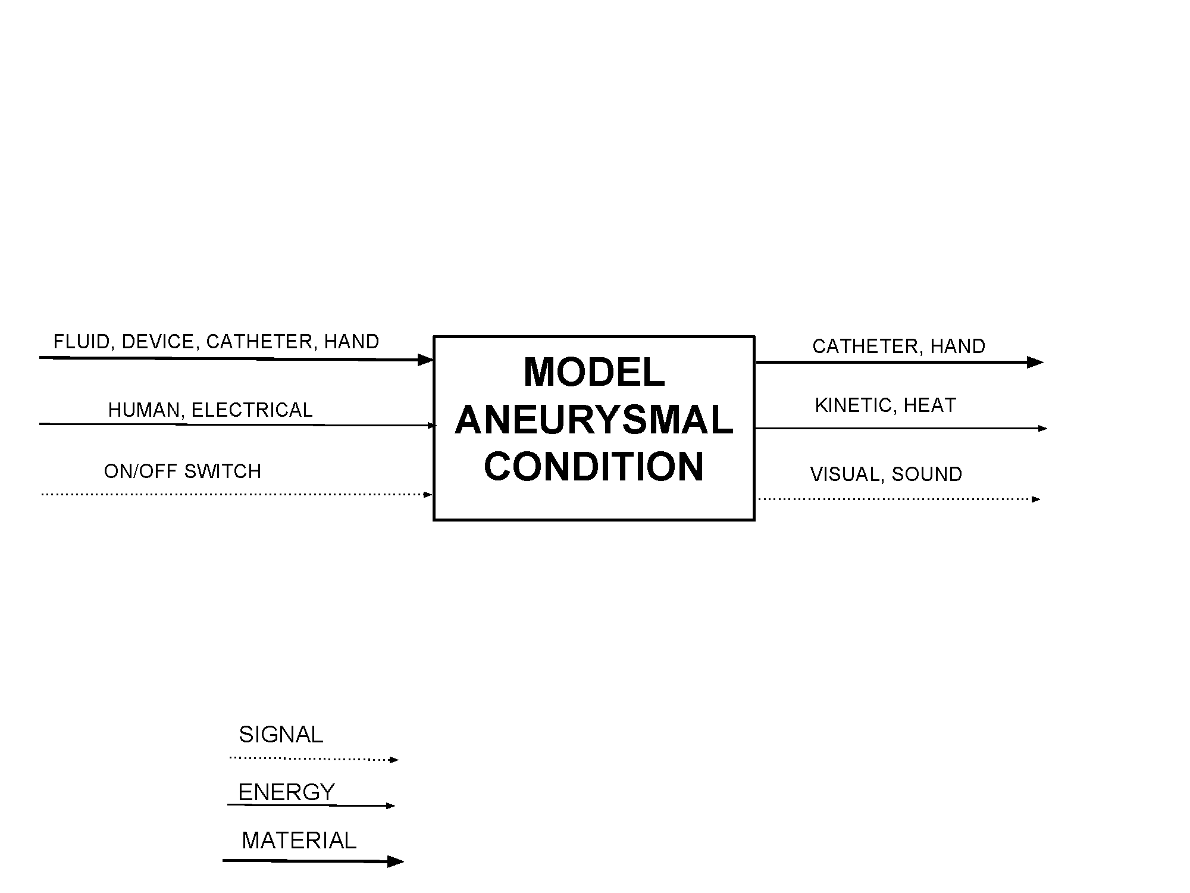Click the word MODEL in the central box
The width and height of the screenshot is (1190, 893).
pyautogui.click(x=594, y=372)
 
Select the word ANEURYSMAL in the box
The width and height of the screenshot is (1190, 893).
pyautogui.click(x=594, y=419)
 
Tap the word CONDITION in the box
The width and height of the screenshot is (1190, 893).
pyautogui.click(x=594, y=466)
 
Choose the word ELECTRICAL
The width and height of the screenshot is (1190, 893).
pyautogui.click(x=252, y=410)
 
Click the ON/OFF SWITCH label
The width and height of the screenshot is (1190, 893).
pyautogui.click(x=183, y=472)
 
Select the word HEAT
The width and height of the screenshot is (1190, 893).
pyautogui.click(x=930, y=405)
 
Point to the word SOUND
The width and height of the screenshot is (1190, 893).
pyautogui.click(x=927, y=474)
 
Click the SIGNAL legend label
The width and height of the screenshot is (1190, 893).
pyautogui.click(x=281, y=735)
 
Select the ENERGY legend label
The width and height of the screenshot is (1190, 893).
pyautogui.click(x=287, y=792)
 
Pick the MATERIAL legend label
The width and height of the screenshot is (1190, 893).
pyautogui.click(x=299, y=841)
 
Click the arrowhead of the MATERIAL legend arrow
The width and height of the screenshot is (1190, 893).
pyautogui.click(x=396, y=861)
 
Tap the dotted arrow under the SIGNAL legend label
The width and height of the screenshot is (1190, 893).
pyautogui.click(x=314, y=759)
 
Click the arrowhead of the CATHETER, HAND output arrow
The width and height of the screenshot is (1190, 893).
pyautogui.click(x=1036, y=362)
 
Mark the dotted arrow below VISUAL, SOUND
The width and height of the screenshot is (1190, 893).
pyautogui.click(x=899, y=499)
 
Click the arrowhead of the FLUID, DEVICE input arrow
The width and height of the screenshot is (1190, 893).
pyautogui.click(x=425, y=360)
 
